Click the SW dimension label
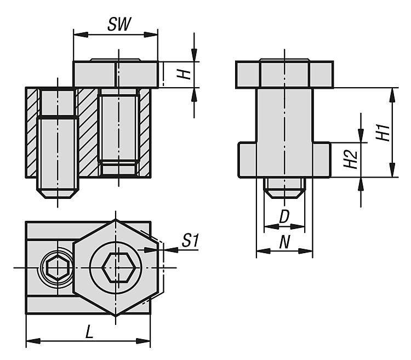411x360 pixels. [x=119, y=24]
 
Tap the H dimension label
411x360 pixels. [x=184, y=75]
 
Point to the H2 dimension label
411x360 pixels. [x=351, y=159]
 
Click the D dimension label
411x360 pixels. [x=284, y=216]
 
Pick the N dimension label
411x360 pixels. [x=284, y=242]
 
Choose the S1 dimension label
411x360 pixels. [x=191, y=240]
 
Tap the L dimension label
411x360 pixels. [x=89, y=333]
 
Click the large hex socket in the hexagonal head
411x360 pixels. [x=118, y=267]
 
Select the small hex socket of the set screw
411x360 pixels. [x=58, y=268]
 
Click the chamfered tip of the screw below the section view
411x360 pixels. [x=58, y=193]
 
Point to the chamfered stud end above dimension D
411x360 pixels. [x=284, y=193]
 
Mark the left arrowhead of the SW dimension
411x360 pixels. [x=81, y=35]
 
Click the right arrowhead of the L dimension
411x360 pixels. [x=144, y=341]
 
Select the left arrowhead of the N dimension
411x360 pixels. [x=264, y=251]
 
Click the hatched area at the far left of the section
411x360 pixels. [x=32, y=133]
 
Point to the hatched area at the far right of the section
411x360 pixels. [x=145, y=133]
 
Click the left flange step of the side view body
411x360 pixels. [x=248, y=160]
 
